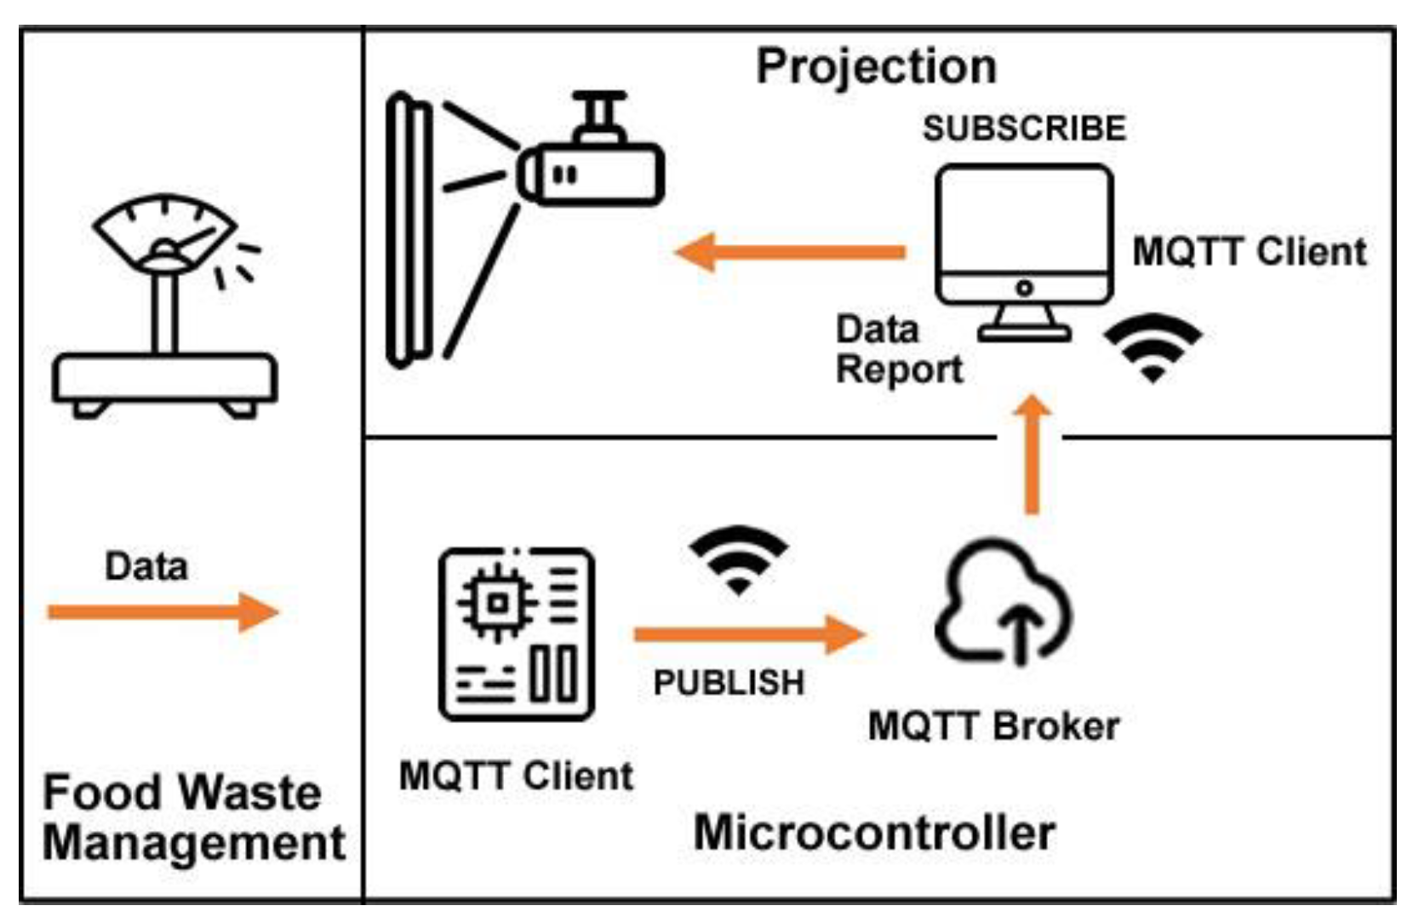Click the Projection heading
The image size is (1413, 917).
click(876, 68)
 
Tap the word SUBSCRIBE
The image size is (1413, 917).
click(1025, 128)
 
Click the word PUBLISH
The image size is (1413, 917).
click(729, 683)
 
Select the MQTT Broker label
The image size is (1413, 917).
click(994, 726)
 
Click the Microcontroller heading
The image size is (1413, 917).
click(874, 833)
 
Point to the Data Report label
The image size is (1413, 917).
click(900, 349)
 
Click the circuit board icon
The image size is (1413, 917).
click(517, 634)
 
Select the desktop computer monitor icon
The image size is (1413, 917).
click(1025, 252)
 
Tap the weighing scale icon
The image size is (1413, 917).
click(165, 307)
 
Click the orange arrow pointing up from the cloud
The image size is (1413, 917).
click(1032, 455)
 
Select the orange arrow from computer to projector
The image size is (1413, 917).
click(791, 252)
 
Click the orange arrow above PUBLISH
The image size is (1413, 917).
click(750, 634)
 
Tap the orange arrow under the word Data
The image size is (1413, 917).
click(163, 612)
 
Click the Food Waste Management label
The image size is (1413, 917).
click(193, 818)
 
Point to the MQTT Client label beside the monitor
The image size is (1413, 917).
click(1250, 252)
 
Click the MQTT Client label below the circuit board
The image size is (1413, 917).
click(516, 776)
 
